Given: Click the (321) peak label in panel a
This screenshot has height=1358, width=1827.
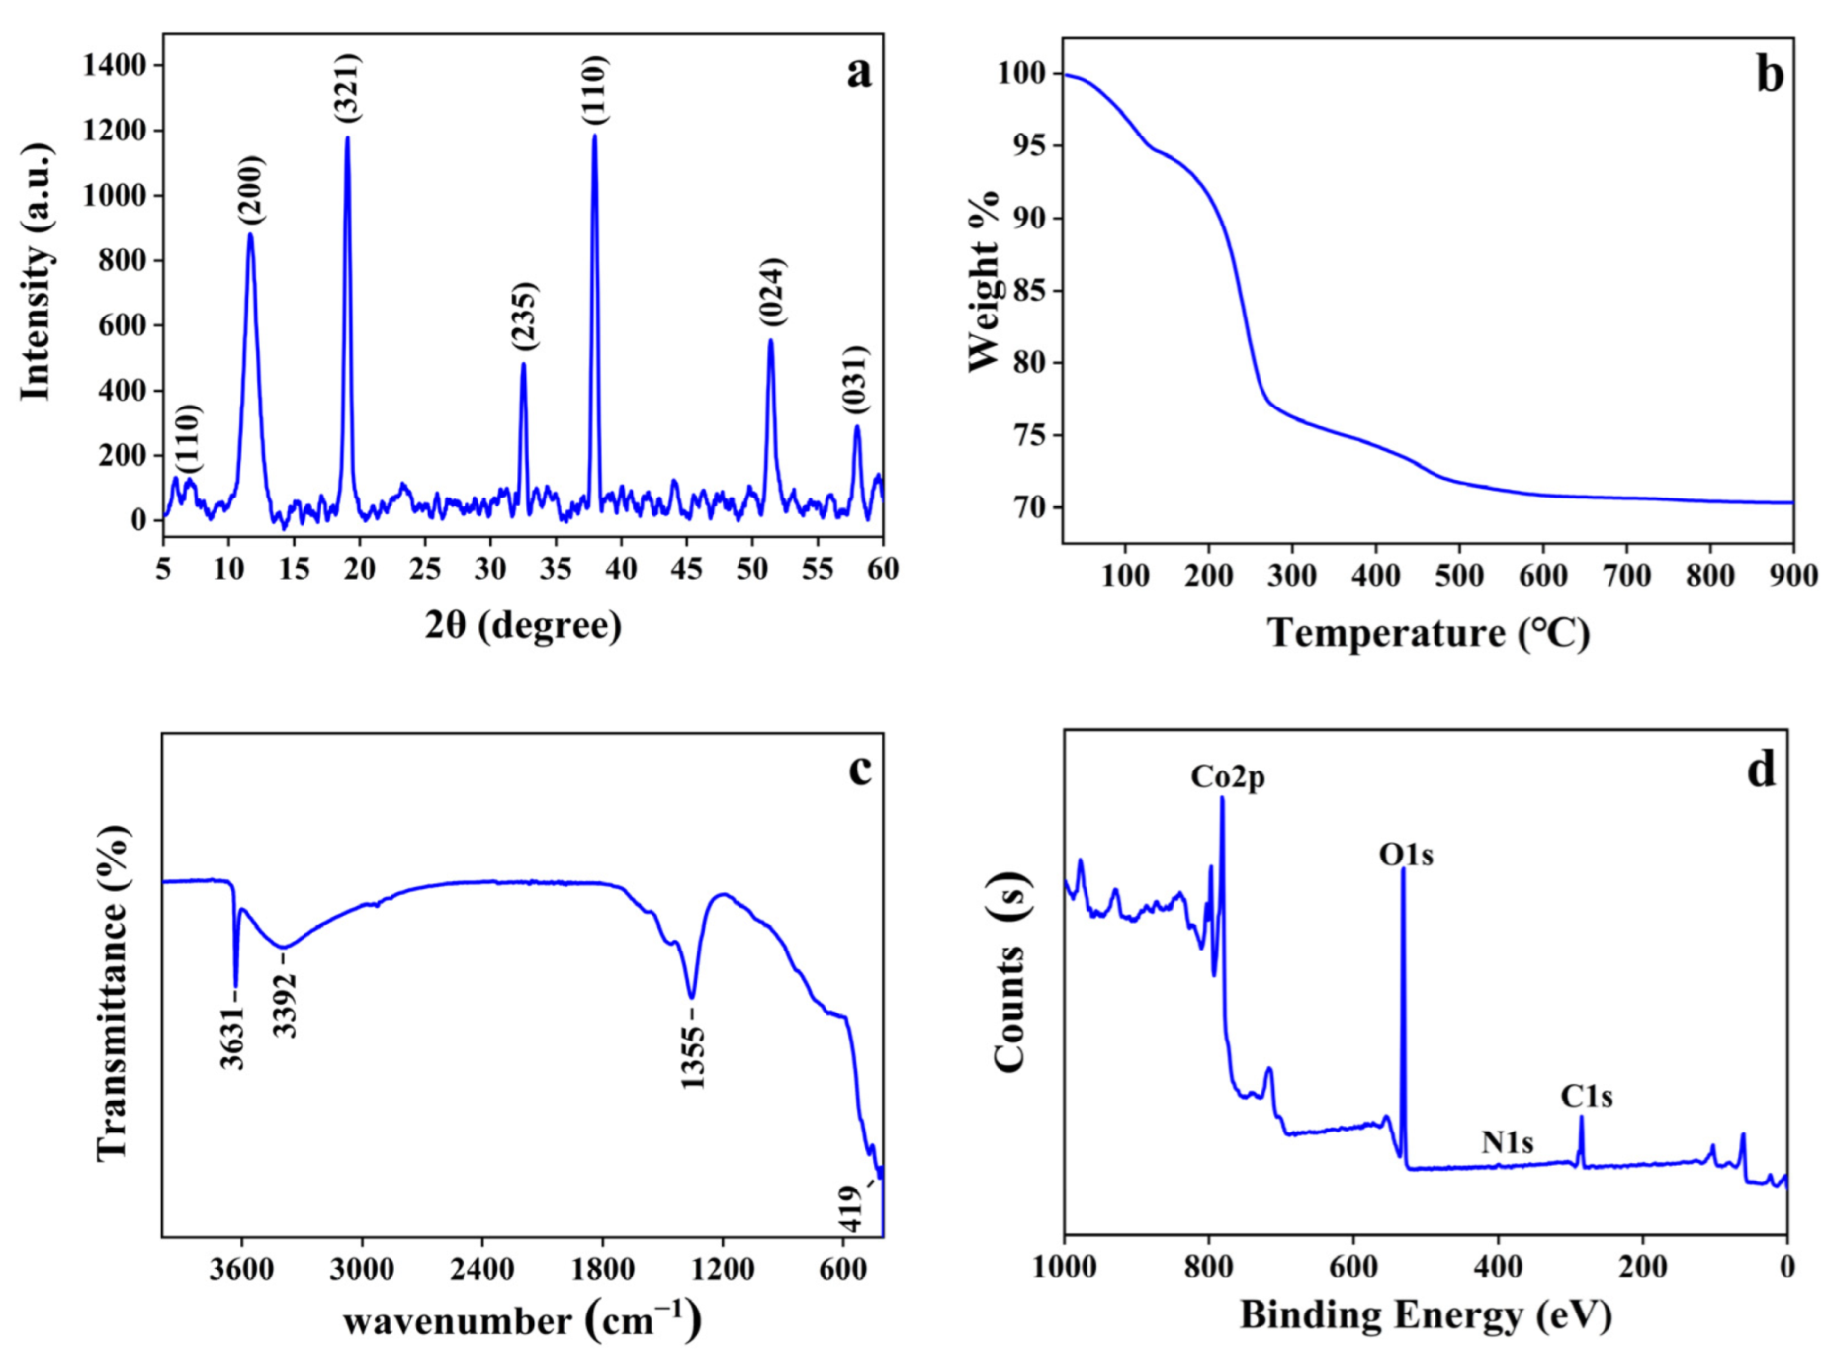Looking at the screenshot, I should tap(348, 88).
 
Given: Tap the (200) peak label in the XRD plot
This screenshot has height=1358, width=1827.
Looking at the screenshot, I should tap(250, 189).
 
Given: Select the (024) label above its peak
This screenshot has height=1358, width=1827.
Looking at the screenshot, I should tap(771, 292).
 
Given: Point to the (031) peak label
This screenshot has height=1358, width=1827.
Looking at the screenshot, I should tap(855, 380).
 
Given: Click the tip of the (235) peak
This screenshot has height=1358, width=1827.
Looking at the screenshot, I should tap(523, 364).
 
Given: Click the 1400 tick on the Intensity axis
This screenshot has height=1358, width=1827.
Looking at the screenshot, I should tap(115, 65).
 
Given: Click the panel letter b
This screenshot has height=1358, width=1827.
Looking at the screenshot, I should tap(1770, 74).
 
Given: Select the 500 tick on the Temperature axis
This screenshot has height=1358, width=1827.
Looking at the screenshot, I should tap(1458, 575).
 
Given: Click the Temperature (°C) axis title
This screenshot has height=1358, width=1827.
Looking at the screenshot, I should tap(1429, 633).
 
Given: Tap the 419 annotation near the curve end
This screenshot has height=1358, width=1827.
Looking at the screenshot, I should tap(851, 1209).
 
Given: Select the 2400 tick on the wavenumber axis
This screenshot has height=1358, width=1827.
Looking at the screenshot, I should tap(482, 1268).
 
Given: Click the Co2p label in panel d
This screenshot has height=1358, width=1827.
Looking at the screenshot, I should tap(1227, 777).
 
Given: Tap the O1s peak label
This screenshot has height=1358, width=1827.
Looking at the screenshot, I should tap(1406, 854).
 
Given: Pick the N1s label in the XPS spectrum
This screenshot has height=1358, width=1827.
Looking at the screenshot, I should tap(1507, 1142).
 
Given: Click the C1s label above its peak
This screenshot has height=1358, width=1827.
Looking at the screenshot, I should tap(1586, 1096).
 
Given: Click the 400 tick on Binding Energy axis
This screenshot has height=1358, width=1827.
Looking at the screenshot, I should tap(1498, 1267).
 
